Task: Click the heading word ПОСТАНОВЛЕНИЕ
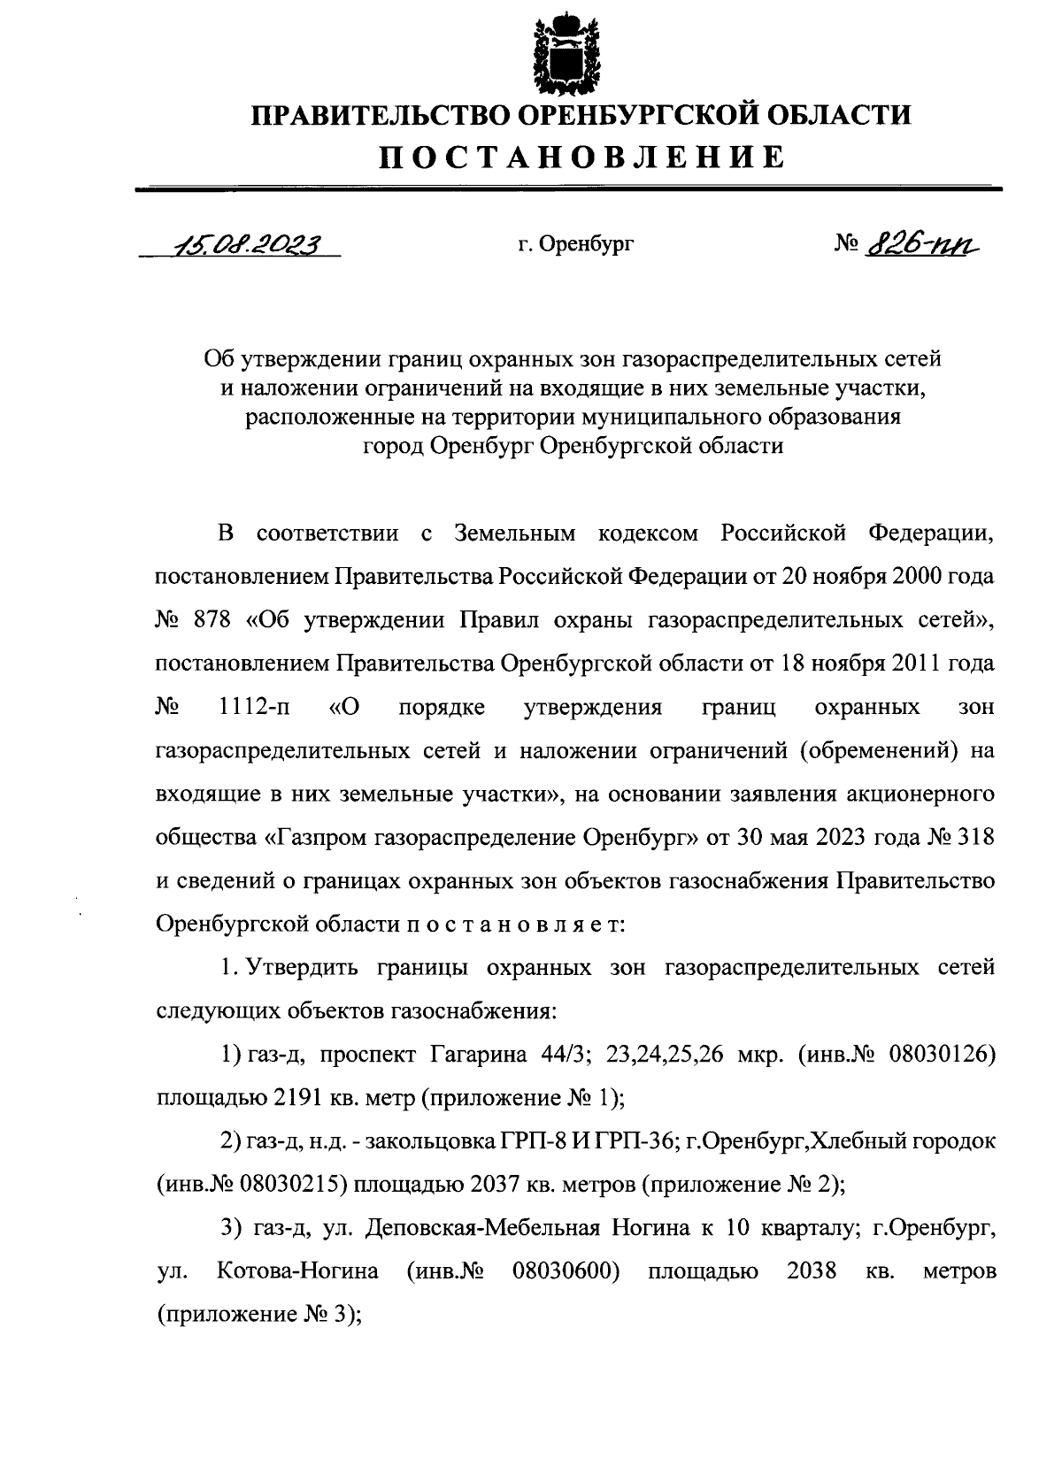(581, 157)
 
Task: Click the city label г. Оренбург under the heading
(576, 245)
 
